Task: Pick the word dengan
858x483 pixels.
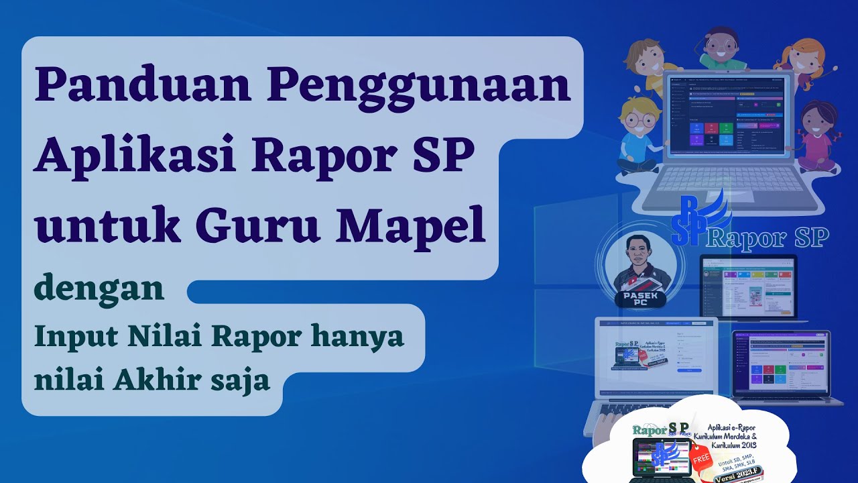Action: coord(99,288)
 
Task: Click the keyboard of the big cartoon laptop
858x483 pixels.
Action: coord(727,181)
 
